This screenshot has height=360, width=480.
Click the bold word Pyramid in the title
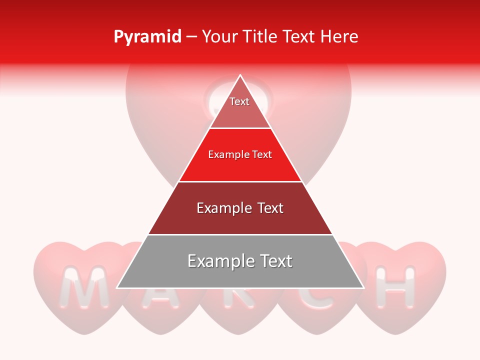coord(147,37)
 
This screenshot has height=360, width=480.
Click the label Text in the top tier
coord(239,101)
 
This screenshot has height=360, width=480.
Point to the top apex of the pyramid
coord(240,75)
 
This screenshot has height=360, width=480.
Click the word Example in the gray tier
coord(219,261)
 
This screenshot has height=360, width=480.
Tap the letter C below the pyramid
coord(317,297)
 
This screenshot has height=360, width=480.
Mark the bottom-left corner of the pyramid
coord(117,287)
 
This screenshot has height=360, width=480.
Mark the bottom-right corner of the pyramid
coord(363,287)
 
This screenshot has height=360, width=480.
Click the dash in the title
coord(191,37)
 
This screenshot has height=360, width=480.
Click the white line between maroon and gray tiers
coord(240,234)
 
